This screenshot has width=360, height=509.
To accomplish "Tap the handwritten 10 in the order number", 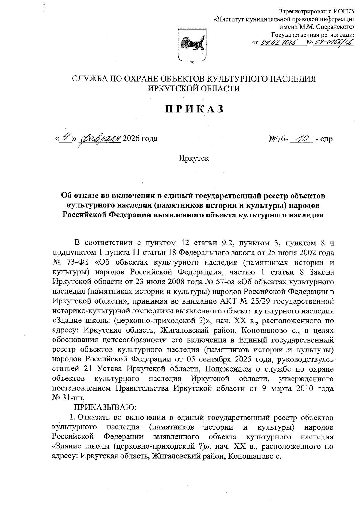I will click(x=302, y=138).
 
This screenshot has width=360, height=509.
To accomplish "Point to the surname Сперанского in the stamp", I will click(x=333, y=27).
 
